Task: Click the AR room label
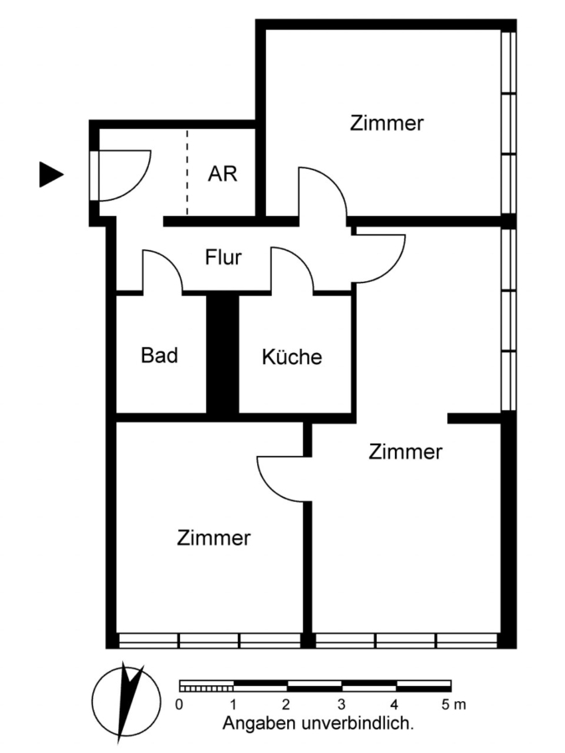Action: [x=223, y=173]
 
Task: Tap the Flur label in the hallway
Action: [x=223, y=258]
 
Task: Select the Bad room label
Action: [x=160, y=356]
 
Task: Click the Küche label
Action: [x=292, y=356]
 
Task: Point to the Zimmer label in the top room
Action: [x=387, y=123]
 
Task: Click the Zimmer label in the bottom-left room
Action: [x=213, y=538]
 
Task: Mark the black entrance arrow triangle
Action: [x=51, y=174]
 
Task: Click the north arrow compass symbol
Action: [x=126, y=702]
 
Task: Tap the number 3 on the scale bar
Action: [x=342, y=704]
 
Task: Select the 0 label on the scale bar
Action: [x=179, y=704]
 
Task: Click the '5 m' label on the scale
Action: [x=454, y=704]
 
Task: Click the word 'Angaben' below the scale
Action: [x=259, y=723]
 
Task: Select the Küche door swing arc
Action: [x=301, y=260]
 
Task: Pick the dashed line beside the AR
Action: [x=187, y=172]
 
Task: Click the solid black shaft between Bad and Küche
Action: [x=223, y=355]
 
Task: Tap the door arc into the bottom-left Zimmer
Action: [x=271, y=488]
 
